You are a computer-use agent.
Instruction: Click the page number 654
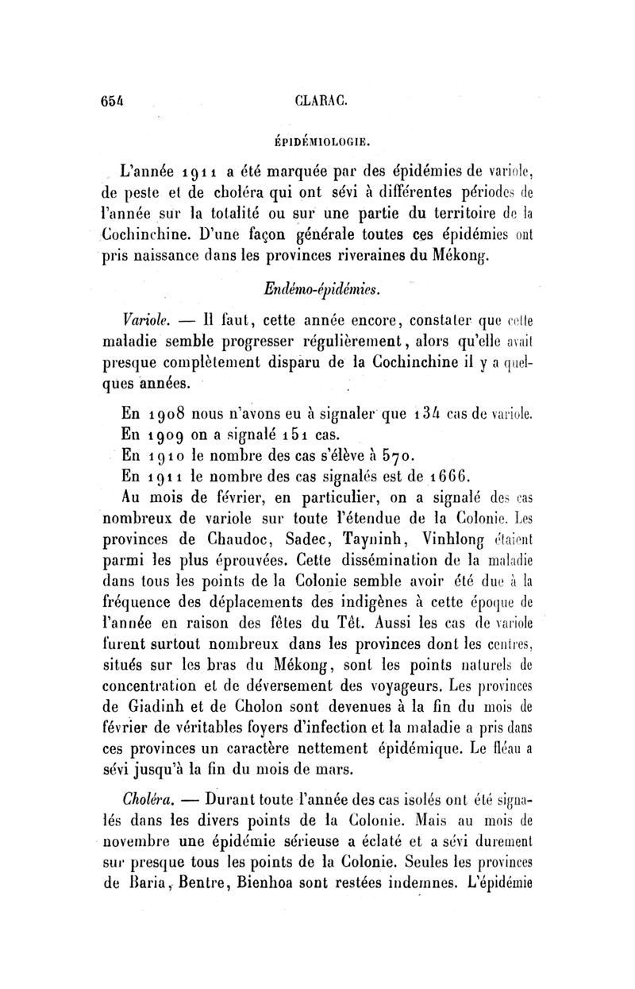[114, 100]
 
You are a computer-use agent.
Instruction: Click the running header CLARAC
[318, 101]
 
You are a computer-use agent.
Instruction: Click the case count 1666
[450, 477]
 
